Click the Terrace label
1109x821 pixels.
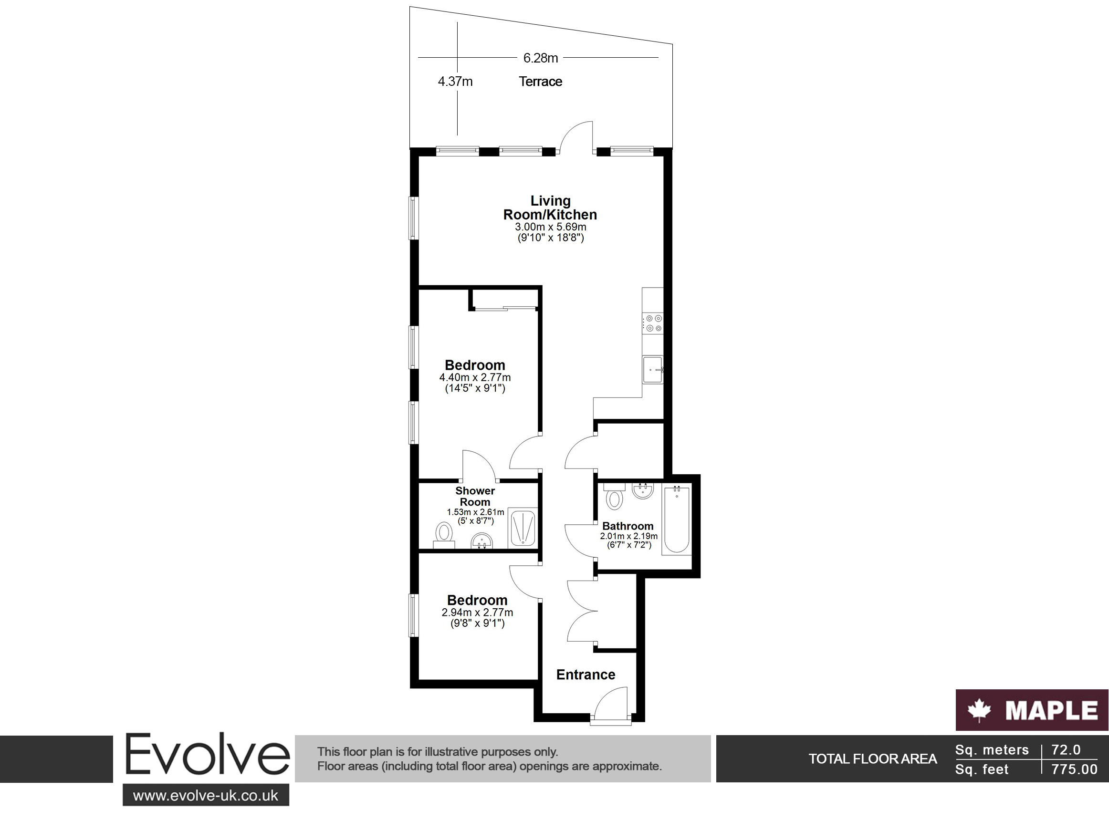tap(540, 82)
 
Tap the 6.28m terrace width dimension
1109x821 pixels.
tap(540, 58)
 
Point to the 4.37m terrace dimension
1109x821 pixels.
tap(455, 82)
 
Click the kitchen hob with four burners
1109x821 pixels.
tap(653, 323)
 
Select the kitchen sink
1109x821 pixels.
tap(653, 370)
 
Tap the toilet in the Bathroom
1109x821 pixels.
tap(615, 496)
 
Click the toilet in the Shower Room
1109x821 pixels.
tap(444, 535)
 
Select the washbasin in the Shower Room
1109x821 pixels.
tap(481, 540)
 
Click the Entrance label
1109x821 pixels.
tap(586, 675)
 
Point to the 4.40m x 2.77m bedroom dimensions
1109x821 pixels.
tap(475, 383)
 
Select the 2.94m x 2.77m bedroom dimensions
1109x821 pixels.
tap(477, 618)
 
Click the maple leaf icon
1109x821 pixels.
tap(979, 710)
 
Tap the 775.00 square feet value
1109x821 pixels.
tap(1074, 769)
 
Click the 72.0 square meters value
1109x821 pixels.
tap(1066, 749)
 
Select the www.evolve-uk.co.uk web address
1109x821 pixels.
tap(206, 796)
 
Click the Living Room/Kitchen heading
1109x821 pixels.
tap(550, 208)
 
